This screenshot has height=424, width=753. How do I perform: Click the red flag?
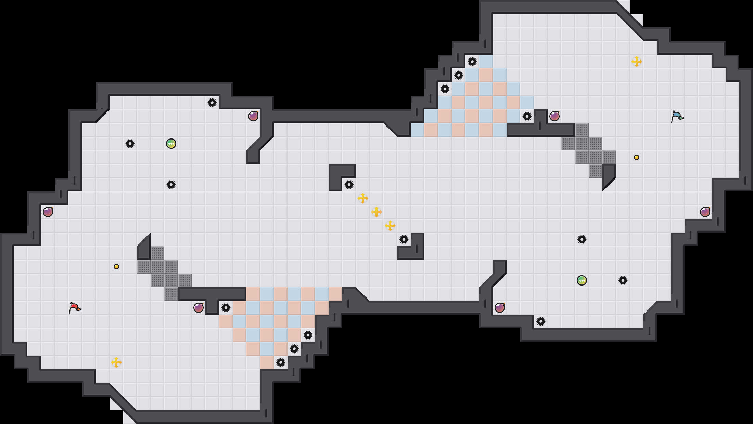click(x=75, y=308)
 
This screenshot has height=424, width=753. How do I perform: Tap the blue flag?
click(x=677, y=116)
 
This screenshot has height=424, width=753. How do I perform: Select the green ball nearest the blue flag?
click(x=582, y=280)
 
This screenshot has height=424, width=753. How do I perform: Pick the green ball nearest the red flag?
click(x=171, y=144)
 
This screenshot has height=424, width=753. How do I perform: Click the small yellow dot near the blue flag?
click(x=637, y=157)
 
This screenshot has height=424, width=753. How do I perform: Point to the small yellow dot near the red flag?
click(x=116, y=267)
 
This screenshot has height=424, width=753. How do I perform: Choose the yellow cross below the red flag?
click(x=116, y=362)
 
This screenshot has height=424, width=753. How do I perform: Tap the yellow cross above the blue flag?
click(x=637, y=62)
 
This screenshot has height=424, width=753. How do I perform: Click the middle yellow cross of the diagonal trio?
click(x=376, y=212)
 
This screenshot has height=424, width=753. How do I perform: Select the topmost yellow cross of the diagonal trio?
click(x=363, y=198)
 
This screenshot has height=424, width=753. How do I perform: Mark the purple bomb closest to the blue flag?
click(x=554, y=116)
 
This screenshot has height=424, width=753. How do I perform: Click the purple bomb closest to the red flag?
click(x=199, y=308)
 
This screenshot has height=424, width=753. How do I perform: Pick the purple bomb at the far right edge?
click(x=705, y=212)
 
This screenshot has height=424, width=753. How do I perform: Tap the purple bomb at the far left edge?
click(x=48, y=212)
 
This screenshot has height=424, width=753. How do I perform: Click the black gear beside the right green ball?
click(x=623, y=280)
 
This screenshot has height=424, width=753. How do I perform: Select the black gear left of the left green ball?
click(x=130, y=144)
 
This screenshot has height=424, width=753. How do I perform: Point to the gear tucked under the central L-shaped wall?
click(x=349, y=185)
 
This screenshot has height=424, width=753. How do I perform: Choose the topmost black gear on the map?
click(x=472, y=62)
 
